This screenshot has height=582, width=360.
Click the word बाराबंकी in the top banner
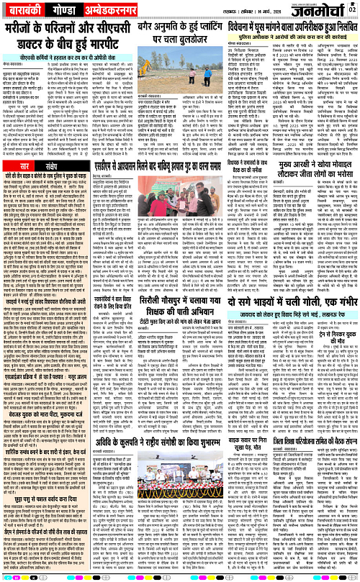click(21, 10)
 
